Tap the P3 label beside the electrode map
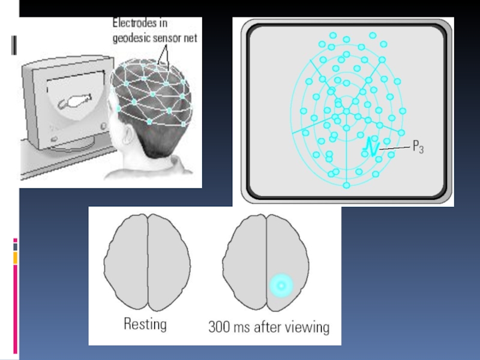[418, 146]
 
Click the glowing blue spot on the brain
[280, 286]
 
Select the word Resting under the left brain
[145, 325]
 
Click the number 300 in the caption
[220, 327]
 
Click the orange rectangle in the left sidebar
[15, 257]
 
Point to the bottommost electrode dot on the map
[346, 185]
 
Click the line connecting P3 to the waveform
[395, 147]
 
